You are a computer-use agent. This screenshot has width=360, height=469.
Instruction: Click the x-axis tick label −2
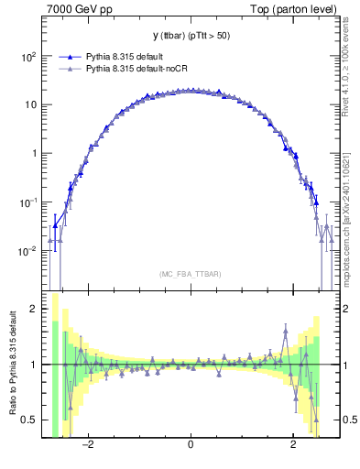(88, 446)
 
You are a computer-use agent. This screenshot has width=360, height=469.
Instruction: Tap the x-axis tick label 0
(190, 446)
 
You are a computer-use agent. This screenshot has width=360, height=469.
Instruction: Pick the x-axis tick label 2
(292, 446)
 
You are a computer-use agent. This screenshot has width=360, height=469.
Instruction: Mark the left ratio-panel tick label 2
(34, 309)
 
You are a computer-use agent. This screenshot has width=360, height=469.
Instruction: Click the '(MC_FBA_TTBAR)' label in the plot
(190, 274)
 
